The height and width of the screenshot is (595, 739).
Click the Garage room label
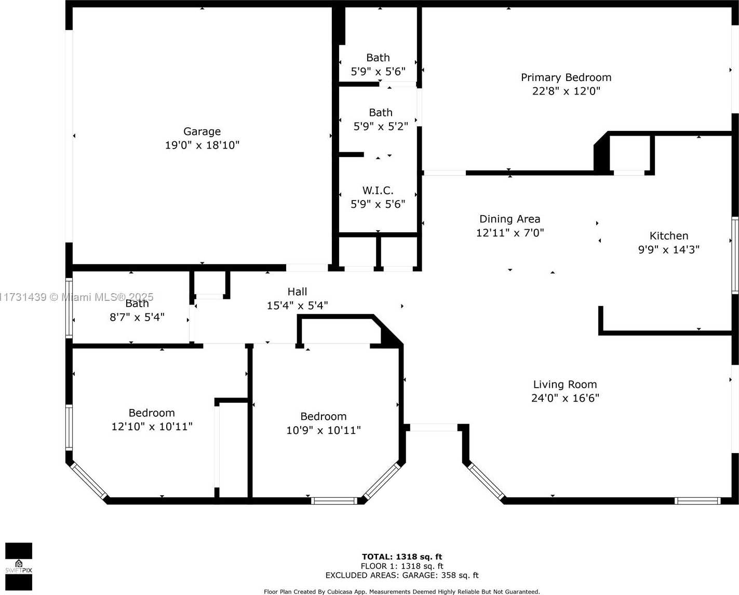(202, 131)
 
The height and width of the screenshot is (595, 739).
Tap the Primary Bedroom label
(566, 77)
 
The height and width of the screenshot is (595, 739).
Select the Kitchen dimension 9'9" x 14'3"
(668, 249)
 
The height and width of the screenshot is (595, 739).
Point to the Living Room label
(565, 385)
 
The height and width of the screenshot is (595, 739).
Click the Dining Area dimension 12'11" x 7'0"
(510, 233)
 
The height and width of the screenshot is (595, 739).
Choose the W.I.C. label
(378, 190)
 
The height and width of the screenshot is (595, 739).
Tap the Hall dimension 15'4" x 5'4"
(298, 306)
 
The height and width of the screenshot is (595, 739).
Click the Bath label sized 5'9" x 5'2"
(381, 112)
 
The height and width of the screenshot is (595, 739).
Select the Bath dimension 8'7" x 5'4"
(137, 317)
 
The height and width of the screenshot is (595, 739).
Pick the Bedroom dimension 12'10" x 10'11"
(152, 427)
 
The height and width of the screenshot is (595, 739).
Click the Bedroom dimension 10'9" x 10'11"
(324, 430)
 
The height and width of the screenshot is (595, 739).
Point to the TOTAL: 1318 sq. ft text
(402, 557)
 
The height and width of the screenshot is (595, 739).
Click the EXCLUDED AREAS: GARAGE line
(402, 575)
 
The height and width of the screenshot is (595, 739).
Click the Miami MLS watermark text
(76, 297)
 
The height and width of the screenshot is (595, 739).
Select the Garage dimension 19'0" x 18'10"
(202, 145)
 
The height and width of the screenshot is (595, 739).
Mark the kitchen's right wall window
(735, 255)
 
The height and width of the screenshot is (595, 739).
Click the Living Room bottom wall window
(697, 501)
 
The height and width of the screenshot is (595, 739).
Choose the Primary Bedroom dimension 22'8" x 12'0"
(566, 91)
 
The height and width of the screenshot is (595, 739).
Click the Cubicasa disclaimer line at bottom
(402, 591)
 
